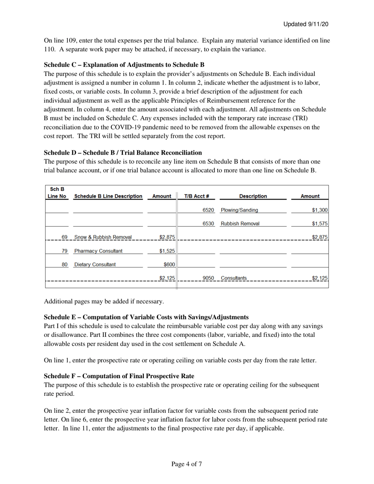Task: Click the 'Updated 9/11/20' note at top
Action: tap(306, 24)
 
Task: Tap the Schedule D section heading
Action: tap(123, 152)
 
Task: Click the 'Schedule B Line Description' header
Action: tap(108, 196)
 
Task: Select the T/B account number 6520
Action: tap(208, 210)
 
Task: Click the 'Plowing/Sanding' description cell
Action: tap(239, 210)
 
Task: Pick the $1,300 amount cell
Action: tap(320, 210)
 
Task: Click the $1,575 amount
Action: tap(320, 224)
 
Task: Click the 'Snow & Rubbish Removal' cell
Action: tap(103, 237)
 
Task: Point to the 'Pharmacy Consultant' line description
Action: tap(98, 251)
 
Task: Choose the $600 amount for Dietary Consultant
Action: tap(169, 264)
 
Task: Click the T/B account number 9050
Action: tap(208, 278)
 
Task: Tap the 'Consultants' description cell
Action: tap(234, 278)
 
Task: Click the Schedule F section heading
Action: tap(119, 376)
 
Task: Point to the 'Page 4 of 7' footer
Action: tap(187, 464)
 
